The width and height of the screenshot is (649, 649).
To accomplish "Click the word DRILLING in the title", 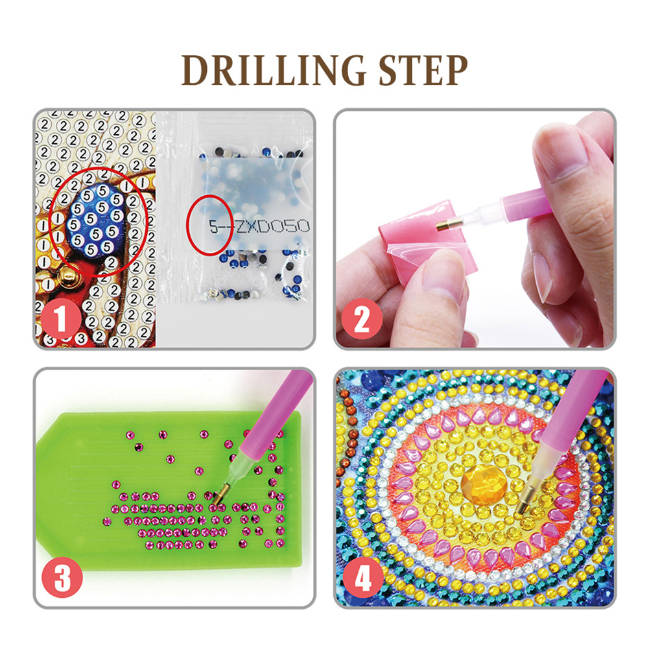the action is (273, 70).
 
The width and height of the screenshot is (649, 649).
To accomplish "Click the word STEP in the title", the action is (423, 70).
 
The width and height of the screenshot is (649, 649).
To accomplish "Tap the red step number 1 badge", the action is (61, 319).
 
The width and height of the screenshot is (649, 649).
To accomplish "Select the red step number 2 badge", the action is (362, 319).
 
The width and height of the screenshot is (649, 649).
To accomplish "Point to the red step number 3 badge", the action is (62, 577).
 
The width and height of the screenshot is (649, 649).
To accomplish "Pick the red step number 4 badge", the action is (363, 577).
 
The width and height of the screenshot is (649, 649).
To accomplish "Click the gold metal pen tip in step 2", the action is (445, 225).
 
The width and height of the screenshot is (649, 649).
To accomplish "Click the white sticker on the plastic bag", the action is (255, 203).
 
